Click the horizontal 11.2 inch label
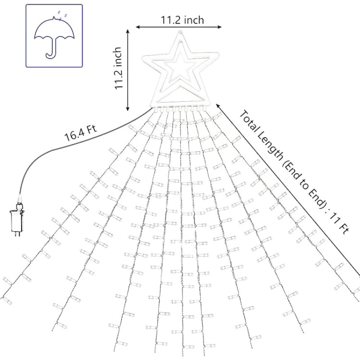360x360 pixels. tap(182, 20)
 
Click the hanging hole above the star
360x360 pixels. tap(180, 33)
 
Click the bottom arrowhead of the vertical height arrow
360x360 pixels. tap(128, 108)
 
